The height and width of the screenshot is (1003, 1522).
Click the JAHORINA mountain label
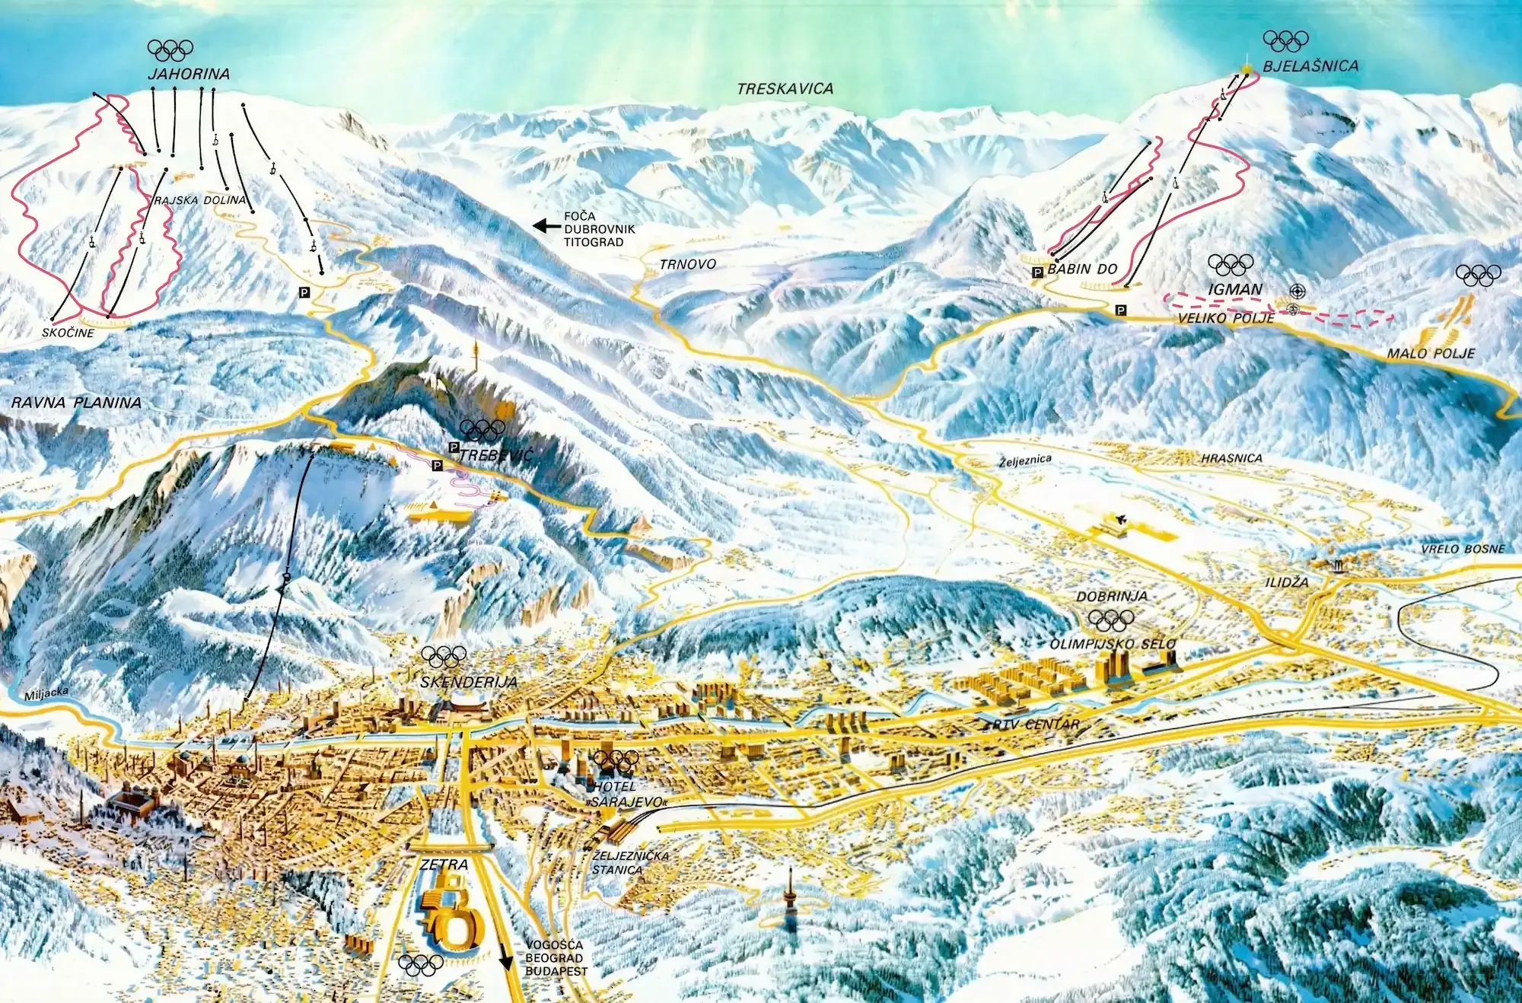pyautogui.click(x=189, y=74)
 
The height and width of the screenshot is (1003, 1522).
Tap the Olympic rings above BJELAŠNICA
pyautogui.click(x=1285, y=40)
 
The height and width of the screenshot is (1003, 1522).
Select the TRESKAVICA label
pyautogui.click(x=785, y=89)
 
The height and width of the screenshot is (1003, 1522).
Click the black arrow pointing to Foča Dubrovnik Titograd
pyautogui.click(x=546, y=225)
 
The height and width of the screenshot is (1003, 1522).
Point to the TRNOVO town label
pyautogui.click(x=687, y=264)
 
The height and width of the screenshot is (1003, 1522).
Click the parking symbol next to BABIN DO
pyautogui.click(x=1036, y=272)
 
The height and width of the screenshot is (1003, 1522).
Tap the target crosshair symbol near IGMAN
pyautogui.click(x=1296, y=291)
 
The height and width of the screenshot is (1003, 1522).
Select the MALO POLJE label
pyautogui.click(x=1430, y=353)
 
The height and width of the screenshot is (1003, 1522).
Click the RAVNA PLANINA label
pyautogui.click(x=76, y=403)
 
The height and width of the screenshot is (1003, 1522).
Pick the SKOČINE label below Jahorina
pyautogui.click(x=68, y=333)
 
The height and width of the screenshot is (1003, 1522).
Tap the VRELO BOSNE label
pyautogui.click(x=1463, y=549)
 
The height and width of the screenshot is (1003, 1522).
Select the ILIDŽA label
pyautogui.click(x=1287, y=582)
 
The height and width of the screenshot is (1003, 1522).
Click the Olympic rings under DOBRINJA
pyautogui.click(x=1111, y=619)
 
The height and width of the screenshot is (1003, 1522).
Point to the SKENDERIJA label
pyautogui.click(x=468, y=683)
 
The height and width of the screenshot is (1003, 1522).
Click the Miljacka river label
pyautogui.click(x=46, y=694)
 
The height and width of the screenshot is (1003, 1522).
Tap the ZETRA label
pyautogui.click(x=444, y=864)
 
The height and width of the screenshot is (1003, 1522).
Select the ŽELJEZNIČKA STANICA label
pyautogui.click(x=629, y=863)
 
